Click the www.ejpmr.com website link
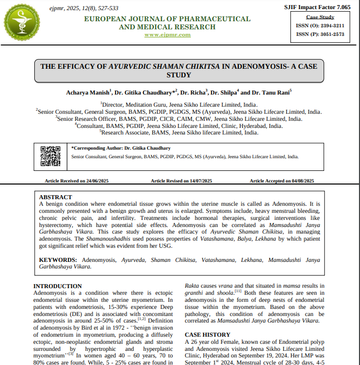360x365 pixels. [167, 35]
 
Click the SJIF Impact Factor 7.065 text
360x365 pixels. [317, 8]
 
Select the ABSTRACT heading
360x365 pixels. [56, 197]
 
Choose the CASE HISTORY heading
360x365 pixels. [208, 335]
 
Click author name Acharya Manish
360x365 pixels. [87, 93]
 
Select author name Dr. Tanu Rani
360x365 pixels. [271, 93]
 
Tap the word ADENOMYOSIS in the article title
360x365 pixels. [258, 66]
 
